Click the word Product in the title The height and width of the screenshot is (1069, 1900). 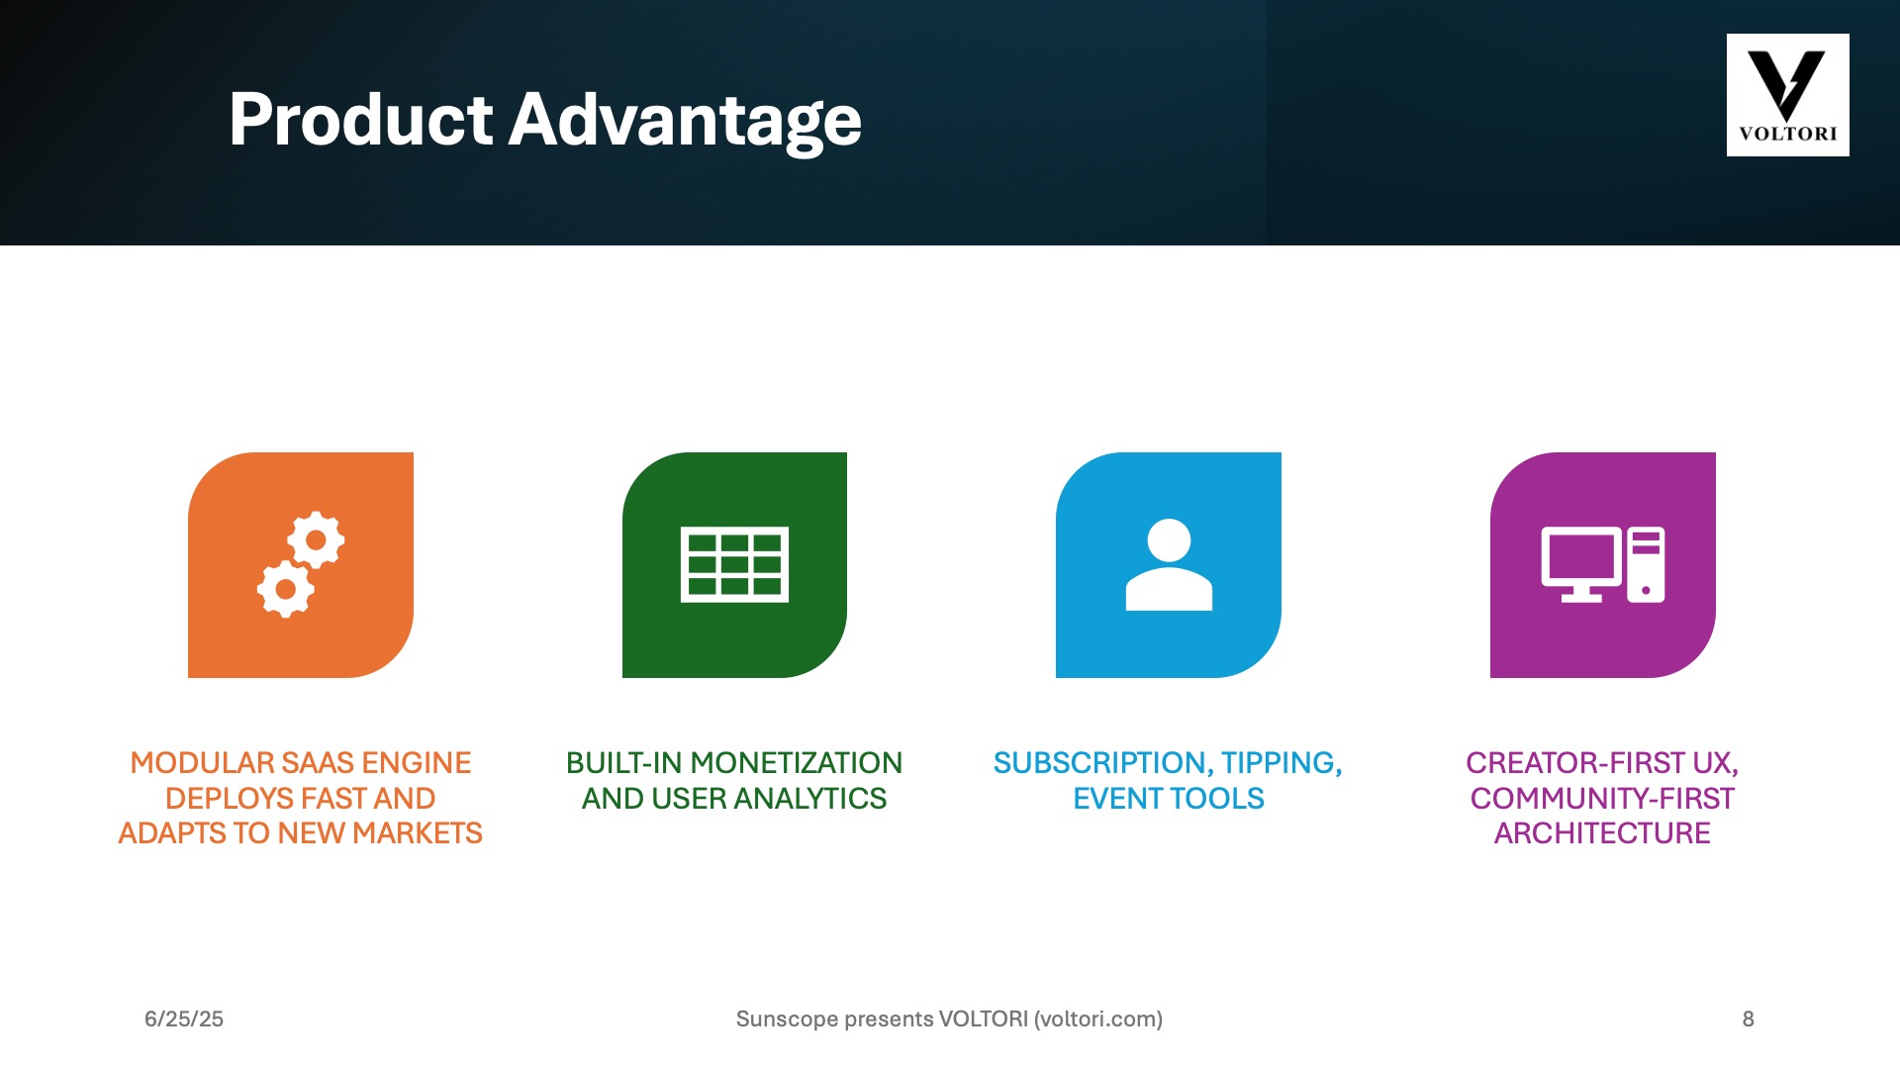click(x=360, y=119)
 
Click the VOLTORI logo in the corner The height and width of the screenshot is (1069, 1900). click(x=1787, y=95)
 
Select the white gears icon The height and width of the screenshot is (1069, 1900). click(x=301, y=565)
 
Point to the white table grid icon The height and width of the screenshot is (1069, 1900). click(x=734, y=565)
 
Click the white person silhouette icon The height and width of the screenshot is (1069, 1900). click(x=1169, y=565)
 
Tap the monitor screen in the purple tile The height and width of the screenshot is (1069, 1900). click(x=1581, y=564)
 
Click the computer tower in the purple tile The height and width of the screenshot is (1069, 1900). click(x=1646, y=564)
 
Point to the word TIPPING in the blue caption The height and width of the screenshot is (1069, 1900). click(x=1282, y=764)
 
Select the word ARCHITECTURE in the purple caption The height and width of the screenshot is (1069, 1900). click(x=1602, y=833)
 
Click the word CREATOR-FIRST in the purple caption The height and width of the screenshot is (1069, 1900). click(x=1575, y=763)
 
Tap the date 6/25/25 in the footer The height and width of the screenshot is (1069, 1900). click(x=184, y=1020)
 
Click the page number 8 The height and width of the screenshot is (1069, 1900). click(x=1749, y=1020)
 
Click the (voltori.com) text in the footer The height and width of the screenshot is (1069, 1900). click(x=1098, y=1020)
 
